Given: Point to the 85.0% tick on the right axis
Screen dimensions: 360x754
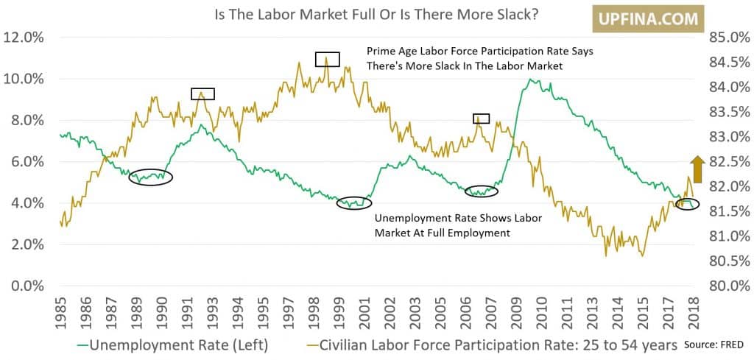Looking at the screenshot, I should click(x=729, y=38).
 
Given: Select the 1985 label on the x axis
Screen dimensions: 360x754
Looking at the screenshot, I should click(x=62, y=312).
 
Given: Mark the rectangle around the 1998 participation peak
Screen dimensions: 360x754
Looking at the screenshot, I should click(x=327, y=60).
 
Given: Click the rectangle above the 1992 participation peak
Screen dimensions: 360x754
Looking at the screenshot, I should click(x=202, y=93).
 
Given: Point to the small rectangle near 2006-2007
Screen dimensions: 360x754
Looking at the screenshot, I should click(x=481, y=119).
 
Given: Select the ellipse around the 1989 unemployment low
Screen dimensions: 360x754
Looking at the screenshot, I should click(x=150, y=177).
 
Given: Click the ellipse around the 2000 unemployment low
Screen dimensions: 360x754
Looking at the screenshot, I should click(x=355, y=202).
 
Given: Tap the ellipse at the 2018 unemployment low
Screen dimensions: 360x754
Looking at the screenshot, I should click(x=687, y=204).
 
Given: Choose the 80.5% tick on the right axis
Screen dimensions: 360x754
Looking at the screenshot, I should click(x=729, y=261).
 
